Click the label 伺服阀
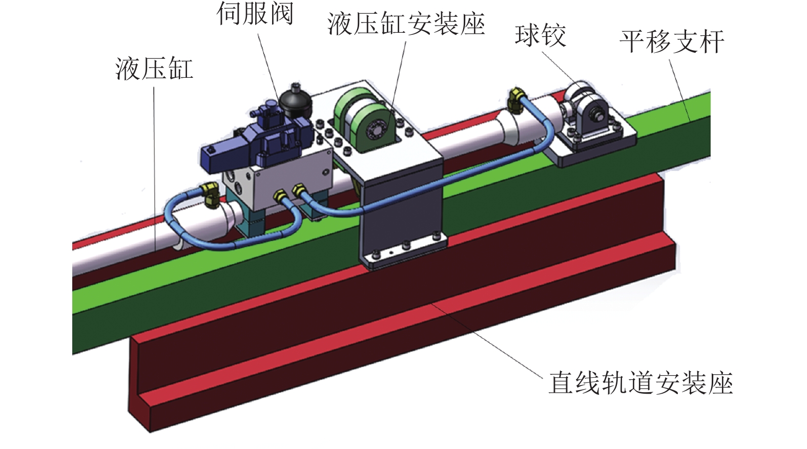click(255, 14)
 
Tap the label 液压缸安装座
click(406, 25)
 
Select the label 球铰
click(541, 36)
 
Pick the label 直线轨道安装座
click(640, 383)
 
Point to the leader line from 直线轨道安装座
click(487, 340)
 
